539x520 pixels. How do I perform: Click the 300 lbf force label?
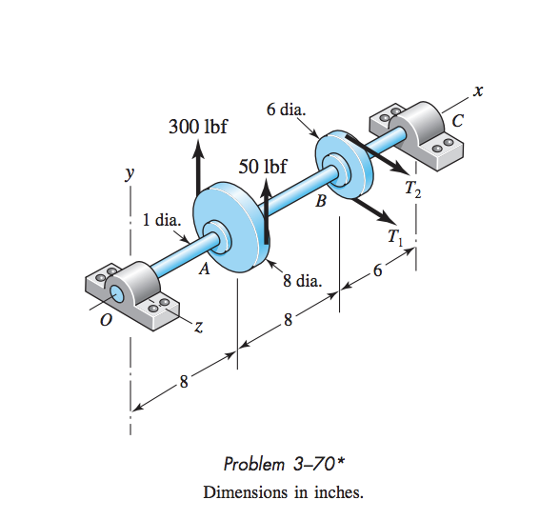(197, 127)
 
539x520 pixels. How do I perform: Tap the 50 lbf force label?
(262, 166)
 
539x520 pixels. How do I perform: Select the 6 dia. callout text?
(286, 110)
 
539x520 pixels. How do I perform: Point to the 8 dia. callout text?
(303, 281)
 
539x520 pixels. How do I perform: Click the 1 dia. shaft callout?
(161, 220)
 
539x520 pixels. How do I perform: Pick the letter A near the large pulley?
(203, 270)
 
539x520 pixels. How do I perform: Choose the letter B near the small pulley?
(321, 201)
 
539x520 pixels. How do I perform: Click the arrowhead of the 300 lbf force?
(197, 148)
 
